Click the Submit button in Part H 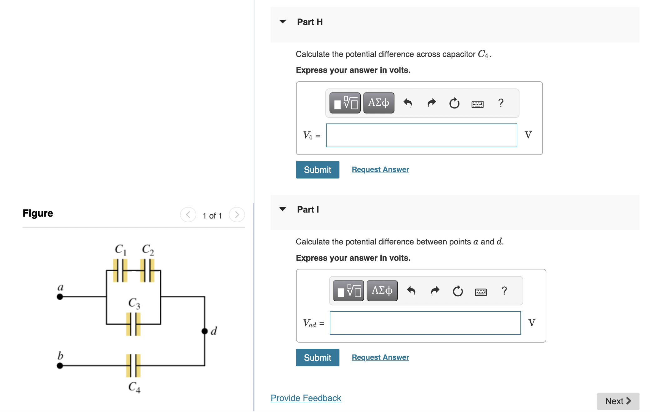[x=317, y=170]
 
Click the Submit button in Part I [x=317, y=358]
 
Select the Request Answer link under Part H [x=380, y=169]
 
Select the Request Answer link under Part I [x=380, y=357]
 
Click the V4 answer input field [x=421, y=135]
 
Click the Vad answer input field [x=425, y=323]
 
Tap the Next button [x=618, y=401]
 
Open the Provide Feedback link [x=306, y=398]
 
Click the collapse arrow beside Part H [x=283, y=22]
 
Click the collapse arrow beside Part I [x=283, y=209]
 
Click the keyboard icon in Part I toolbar [x=481, y=292]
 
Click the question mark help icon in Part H [x=501, y=103]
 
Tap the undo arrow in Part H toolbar [x=408, y=103]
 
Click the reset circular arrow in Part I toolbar [x=458, y=291]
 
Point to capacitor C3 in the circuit [x=133, y=324]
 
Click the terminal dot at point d [x=204, y=331]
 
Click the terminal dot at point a [x=60, y=297]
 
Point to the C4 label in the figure [x=134, y=387]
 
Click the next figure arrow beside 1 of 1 [x=237, y=215]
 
